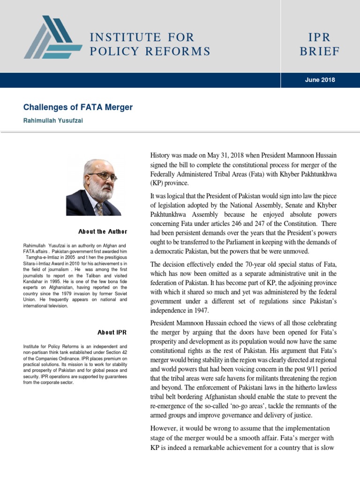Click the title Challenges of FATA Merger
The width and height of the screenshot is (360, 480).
point(78,107)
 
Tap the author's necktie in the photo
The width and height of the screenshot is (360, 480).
point(99,208)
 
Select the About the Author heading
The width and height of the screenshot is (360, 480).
point(103,232)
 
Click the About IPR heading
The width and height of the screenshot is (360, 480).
point(112,332)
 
